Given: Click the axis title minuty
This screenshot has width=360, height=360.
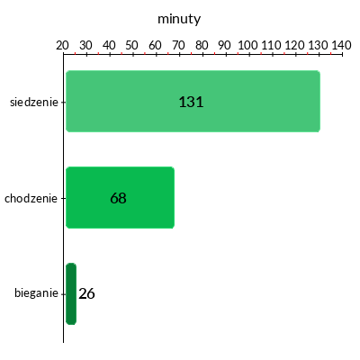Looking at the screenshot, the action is pos(179,20).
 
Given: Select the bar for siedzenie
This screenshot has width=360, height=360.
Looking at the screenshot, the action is pos(193,101).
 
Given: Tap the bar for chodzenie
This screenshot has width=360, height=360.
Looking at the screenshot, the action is pos(120,197).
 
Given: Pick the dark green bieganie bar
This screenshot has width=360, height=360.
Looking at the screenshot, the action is pos(71,293).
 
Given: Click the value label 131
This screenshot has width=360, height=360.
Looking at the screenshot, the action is pos(191,102).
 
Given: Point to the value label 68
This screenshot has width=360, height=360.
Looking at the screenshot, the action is pos(118,198).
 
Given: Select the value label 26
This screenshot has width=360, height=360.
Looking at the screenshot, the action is pos(86,293).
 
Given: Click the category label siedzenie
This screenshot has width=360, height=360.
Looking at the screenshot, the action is pos(34,103).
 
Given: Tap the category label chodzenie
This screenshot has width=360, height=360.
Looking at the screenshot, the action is pos(31,198).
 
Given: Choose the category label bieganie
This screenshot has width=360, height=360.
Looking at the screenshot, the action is pos(36,293).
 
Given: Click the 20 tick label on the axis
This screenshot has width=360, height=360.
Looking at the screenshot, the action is pos(62,45).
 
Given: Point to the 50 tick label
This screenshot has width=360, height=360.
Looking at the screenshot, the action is pos(132,45).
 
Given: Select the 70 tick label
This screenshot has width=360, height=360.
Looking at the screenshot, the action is pos(178,45).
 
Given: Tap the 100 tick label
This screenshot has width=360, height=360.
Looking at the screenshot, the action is pos(248,45).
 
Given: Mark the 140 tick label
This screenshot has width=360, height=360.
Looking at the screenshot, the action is pos(341,45).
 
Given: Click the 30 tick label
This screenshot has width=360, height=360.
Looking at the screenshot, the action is pos(85,45).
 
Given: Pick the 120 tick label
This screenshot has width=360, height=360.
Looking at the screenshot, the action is pos(294,45).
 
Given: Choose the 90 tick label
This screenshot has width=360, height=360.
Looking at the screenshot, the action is pos(225,45).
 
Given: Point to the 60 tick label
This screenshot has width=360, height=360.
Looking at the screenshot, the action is pos(155,45).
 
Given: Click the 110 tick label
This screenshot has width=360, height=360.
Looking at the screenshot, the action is pos(272,45).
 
